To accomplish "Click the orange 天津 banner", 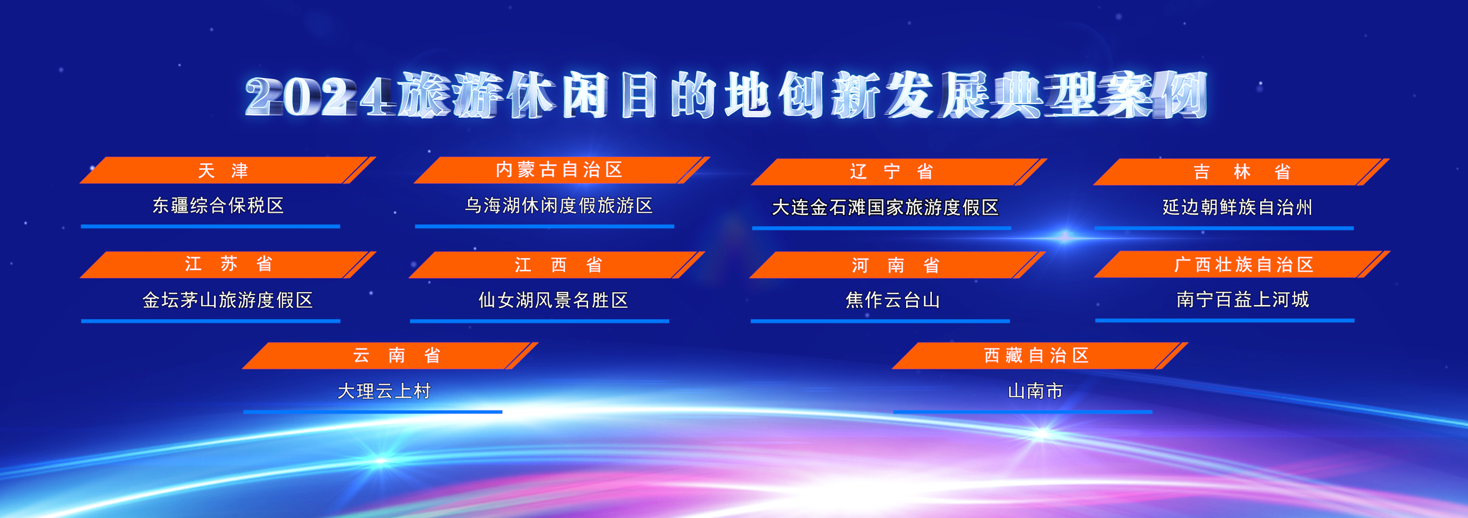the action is click(227, 170).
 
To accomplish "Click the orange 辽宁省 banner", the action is click(899, 172).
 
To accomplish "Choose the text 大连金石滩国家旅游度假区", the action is click(885, 208).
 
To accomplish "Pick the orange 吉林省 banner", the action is click(1241, 172).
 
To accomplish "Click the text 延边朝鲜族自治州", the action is click(1238, 207).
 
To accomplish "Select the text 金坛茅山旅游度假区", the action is click(227, 300).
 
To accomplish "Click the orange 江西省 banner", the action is click(557, 265).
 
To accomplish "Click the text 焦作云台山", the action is click(893, 300).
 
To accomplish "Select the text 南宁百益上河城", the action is click(1242, 299).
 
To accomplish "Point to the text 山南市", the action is click(1036, 391).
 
